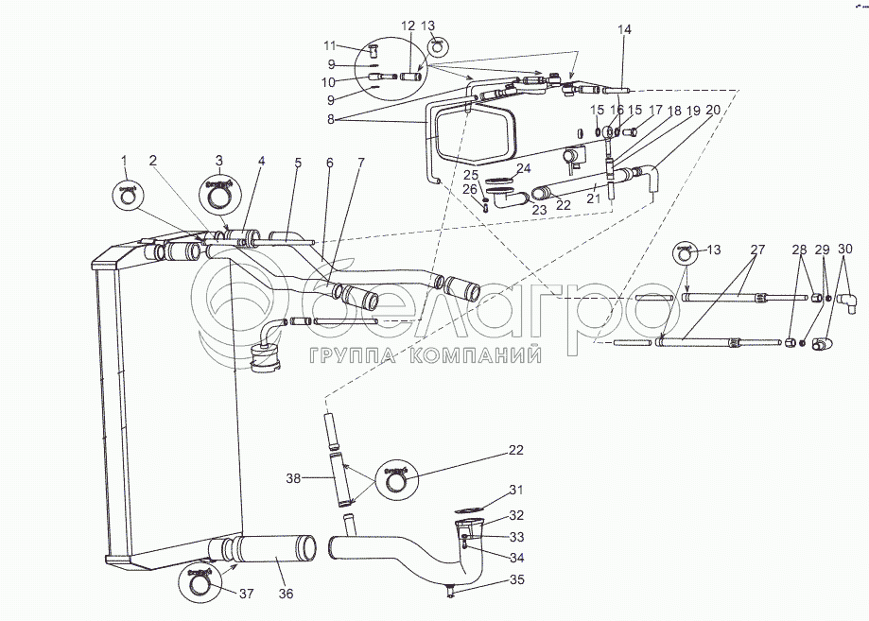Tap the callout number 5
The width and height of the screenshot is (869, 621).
297,163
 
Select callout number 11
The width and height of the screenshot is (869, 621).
329,45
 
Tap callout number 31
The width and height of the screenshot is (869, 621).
515,489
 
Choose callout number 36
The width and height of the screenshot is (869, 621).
284,595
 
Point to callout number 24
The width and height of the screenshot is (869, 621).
522,169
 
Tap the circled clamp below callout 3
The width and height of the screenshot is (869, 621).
219,195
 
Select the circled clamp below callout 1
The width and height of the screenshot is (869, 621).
127,194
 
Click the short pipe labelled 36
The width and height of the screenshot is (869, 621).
278,547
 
